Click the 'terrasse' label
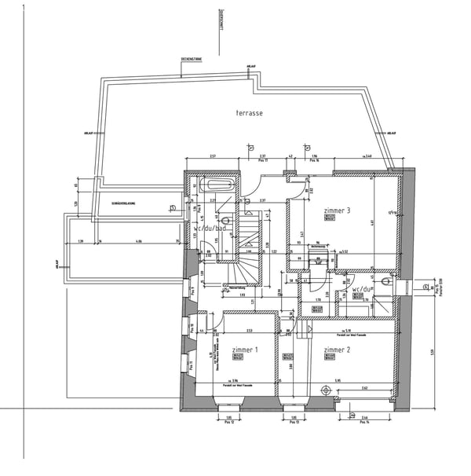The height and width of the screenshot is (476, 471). tap(249, 114)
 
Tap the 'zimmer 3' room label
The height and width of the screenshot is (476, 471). tap(337, 211)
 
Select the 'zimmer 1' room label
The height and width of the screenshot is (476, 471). tap(245, 349)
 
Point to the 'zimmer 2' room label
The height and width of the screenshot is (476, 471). tap(336, 349)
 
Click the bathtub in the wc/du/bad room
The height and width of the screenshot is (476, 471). tap(217, 187)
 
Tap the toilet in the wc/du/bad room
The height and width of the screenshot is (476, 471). tap(225, 221)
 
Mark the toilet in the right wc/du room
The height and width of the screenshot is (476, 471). tap(385, 280)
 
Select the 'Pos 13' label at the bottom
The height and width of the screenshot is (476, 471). tap(291, 423)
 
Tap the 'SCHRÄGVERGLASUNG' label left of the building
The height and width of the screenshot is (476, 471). tap(124, 204)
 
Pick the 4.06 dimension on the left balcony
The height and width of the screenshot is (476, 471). tap(139, 240)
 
